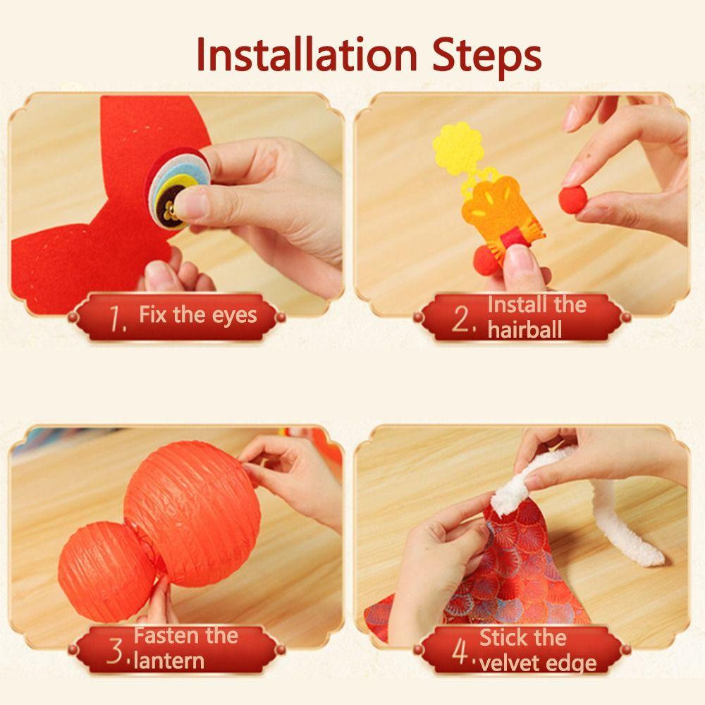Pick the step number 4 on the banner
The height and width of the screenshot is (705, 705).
(460, 653)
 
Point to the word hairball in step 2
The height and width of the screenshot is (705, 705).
(525, 330)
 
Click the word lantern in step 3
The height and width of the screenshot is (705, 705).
(169, 661)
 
